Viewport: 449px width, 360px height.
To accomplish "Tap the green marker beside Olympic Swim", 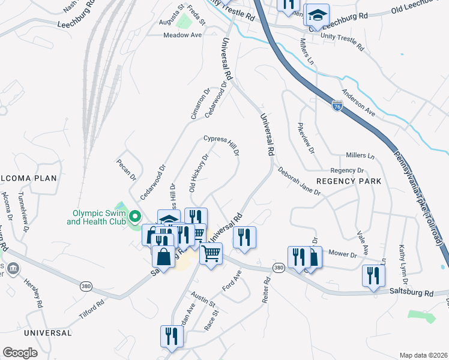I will coord(135,217).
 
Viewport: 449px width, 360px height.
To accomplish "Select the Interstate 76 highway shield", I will coord(337,106).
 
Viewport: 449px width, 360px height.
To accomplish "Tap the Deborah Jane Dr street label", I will coord(299,181).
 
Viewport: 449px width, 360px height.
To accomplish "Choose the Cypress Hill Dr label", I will coord(221,145).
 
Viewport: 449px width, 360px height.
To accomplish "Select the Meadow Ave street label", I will coord(182,35).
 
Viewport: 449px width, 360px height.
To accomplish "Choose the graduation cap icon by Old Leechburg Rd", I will coord(319,14).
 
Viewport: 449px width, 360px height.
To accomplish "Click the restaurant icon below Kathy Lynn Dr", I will coord(373,276).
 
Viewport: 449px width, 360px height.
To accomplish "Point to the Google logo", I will coord(20,353).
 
